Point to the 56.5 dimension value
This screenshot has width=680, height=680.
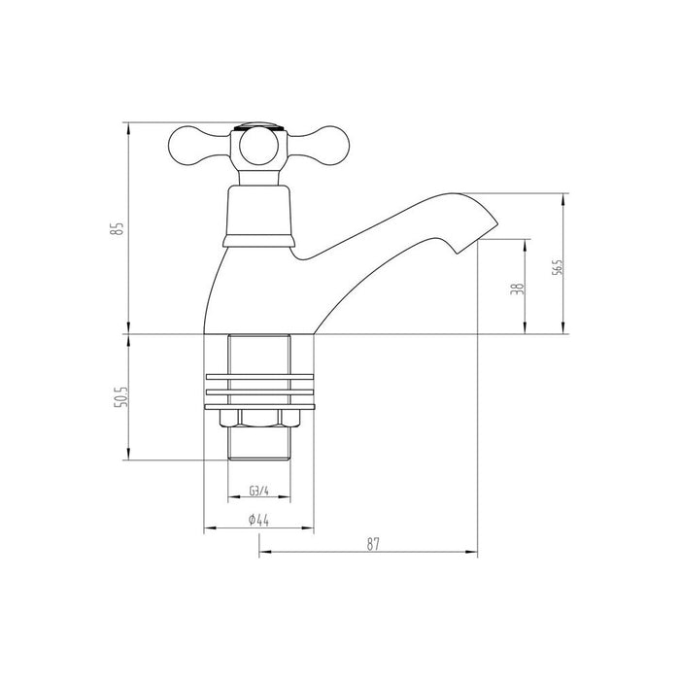coord(556,266)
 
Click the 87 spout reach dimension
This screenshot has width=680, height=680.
coord(372,545)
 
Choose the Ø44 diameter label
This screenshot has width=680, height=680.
coord(258,520)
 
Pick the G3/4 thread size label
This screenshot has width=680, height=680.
coord(258,491)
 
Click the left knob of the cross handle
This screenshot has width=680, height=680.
coord(186,146)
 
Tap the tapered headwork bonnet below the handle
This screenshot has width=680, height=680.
coord(257,209)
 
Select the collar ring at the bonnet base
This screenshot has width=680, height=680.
coord(257,239)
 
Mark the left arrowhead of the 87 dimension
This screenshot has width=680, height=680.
coord(262,556)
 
